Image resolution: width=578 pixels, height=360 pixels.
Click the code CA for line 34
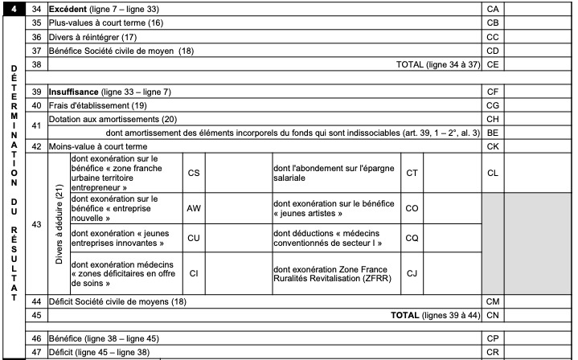(493, 8)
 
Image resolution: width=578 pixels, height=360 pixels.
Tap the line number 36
(35, 38)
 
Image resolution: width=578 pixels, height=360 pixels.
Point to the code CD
(493, 52)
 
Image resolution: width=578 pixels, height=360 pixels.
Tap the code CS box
(193, 173)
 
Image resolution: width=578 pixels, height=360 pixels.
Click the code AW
(193, 207)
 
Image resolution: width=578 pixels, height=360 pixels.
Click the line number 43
(35, 224)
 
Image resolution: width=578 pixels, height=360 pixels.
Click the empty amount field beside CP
(539, 338)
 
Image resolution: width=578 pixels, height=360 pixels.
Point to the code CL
(493, 173)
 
